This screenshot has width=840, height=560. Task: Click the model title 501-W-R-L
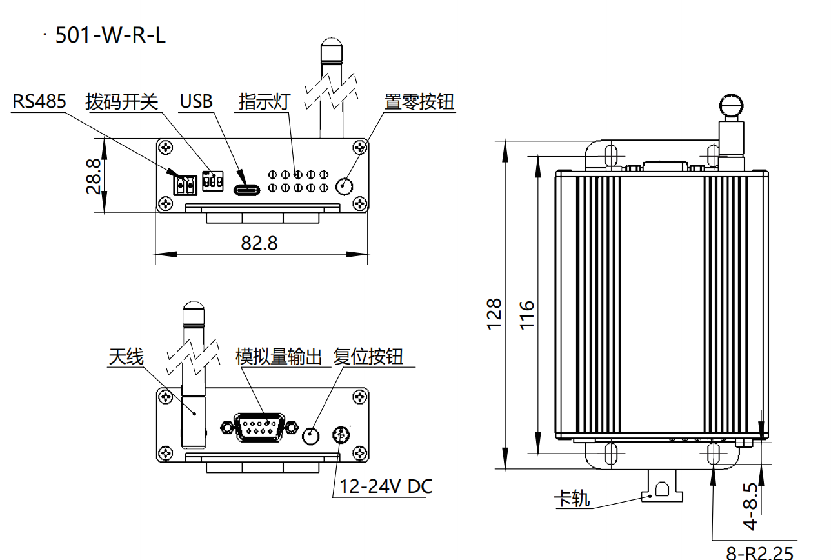pyautogui.click(x=110, y=35)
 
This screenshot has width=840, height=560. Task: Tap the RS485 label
pyautogui.click(x=39, y=101)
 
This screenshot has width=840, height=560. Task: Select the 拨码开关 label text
pyautogui.click(x=121, y=101)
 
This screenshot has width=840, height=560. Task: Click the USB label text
pyautogui.click(x=195, y=101)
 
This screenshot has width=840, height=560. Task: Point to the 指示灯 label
pyautogui.click(x=265, y=101)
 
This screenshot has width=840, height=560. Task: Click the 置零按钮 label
pyautogui.click(x=419, y=101)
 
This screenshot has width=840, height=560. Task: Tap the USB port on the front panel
pyautogui.click(x=246, y=190)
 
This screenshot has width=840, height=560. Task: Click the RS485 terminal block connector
pyautogui.click(x=185, y=185)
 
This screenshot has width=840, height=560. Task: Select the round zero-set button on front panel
pyautogui.click(x=345, y=186)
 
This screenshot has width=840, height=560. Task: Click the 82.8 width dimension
pyautogui.click(x=259, y=243)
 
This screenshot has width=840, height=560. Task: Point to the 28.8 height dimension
pyautogui.click(x=94, y=175)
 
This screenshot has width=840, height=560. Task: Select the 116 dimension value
pyautogui.click(x=528, y=314)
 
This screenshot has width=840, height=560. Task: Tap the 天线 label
pyautogui.click(x=126, y=357)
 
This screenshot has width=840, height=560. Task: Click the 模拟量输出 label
pyautogui.click(x=279, y=357)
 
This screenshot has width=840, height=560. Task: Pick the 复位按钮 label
pyautogui.click(x=368, y=357)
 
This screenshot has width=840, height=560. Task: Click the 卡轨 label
pyautogui.click(x=572, y=498)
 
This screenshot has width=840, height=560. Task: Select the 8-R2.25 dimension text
pyautogui.click(x=760, y=552)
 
